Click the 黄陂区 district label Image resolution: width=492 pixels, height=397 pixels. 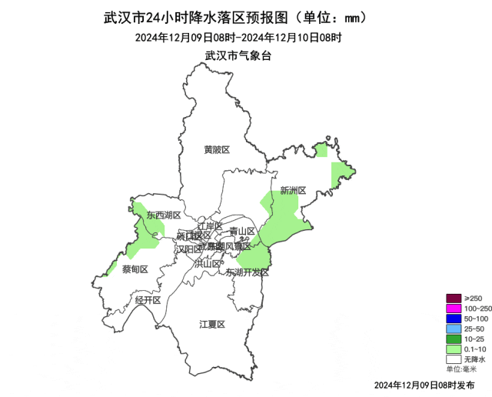click(x=217, y=149)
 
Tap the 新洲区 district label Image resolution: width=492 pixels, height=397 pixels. click(x=293, y=190)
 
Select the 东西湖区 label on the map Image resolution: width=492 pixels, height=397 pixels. click(x=164, y=215)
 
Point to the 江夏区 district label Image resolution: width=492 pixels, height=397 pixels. click(x=212, y=324)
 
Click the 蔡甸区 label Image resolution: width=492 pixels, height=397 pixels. click(x=134, y=269)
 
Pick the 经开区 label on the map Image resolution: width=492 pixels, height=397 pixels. click(x=148, y=300)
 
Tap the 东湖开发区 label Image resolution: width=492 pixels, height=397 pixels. click(x=248, y=272)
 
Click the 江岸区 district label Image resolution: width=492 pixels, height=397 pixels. click(x=209, y=226)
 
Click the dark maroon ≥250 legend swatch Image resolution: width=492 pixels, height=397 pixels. click(x=453, y=299)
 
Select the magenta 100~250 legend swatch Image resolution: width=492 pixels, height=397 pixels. click(x=453, y=309)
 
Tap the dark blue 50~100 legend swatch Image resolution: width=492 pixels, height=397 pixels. click(x=453, y=319)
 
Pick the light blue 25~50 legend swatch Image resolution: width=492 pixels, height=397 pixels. click(x=453, y=329)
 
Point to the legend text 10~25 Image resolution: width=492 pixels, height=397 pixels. click(x=474, y=339)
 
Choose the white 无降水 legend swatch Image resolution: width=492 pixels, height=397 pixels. click(x=453, y=359)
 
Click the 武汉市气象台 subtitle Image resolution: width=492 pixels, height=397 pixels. click(x=238, y=55)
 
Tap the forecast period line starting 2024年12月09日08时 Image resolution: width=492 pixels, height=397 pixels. click(x=238, y=37)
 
